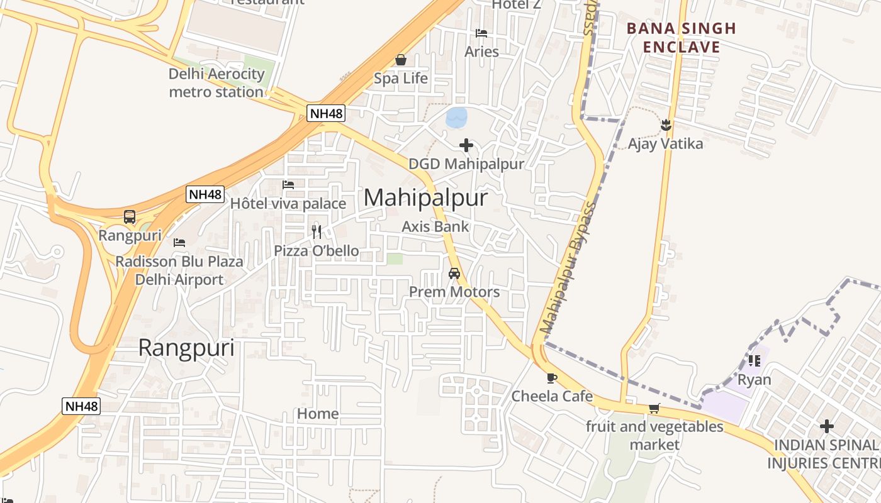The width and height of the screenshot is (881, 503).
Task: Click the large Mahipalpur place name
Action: pyautogui.click(x=425, y=198)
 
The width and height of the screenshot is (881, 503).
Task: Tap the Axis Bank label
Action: pyautogui.click(x=435, y=226)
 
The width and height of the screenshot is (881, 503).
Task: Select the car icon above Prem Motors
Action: pyautogui.click(x=454, y=274)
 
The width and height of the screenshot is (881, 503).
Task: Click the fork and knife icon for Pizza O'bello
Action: pyautogui.click(x=317, y=232)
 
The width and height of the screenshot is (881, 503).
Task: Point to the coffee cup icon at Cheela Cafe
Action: pyautogui.click(x=552, y=378)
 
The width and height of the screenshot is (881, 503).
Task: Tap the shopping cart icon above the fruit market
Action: pyautogui.click(x=654, y=409)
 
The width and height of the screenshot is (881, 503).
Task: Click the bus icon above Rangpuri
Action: pyautogui.click(x=130, y=217)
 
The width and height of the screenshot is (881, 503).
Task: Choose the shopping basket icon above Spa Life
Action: pyautogui.click(x=401, y=60)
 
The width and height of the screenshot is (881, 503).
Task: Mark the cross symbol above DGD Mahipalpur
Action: pyautogui.click(x=466, y=146)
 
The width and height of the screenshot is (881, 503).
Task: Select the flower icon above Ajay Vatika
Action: pyautogui.click(x=666, y=125)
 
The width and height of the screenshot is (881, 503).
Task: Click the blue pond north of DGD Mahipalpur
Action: pyautogui.click(x=456, y=117)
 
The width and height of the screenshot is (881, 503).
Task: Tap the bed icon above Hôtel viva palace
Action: pyautogui.click(x=288, y=185)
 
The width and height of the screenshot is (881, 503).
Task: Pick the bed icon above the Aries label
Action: pyautogui.click(x=481, y=33)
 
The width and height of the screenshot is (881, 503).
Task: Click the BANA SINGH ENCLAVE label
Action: pyautogui.click(x=682, y=38)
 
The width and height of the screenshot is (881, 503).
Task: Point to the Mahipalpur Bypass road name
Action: pyautogui.click(x=568, y=267)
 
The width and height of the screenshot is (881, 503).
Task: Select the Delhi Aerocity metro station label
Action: pyautogui.click(x=216, y=83)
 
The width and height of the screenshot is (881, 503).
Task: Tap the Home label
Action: pyautogui.click(x=318, y=414)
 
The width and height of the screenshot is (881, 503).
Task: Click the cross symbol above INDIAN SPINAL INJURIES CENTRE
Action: pyautogui.click(x=827, y=427)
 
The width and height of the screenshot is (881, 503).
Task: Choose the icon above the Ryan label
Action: pyautogui.click(x=754, y=361)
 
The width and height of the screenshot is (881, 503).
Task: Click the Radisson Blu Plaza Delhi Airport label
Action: pyautogui.click(x=179, y=270)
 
